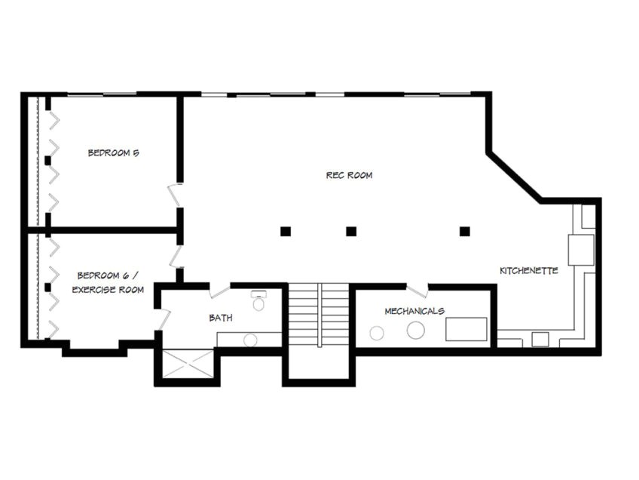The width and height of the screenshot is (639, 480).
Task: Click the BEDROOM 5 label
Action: (x=113, y=152)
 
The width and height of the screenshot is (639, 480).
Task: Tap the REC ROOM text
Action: (x=349, y=175)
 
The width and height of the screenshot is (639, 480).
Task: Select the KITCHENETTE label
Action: (x=529, y=270)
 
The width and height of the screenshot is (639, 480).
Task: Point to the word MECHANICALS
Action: (x=414, y=311)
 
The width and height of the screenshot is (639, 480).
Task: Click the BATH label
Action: (x=220, y=318)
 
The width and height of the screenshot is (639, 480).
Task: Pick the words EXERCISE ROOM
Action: (x=108, y=290)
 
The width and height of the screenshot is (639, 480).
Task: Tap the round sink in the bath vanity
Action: (x=250, y=340)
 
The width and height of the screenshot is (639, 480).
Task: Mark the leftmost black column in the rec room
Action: (x=286, y=232)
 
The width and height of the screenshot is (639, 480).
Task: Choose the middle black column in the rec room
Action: (x=351, y=232)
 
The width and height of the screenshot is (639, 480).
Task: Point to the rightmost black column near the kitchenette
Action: (x=464, y=232)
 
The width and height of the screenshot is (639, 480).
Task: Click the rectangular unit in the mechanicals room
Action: (x=466, y=329)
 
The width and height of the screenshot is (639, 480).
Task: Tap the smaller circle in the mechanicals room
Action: (x=377, y=333)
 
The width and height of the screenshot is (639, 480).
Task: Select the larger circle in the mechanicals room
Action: (x=415, y=329)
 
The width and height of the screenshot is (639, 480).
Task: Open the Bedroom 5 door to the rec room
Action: (x=175, y=195)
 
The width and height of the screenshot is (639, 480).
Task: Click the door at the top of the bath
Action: (x=220, y=291)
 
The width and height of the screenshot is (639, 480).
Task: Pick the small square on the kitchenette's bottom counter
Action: (x=540, y=339)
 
